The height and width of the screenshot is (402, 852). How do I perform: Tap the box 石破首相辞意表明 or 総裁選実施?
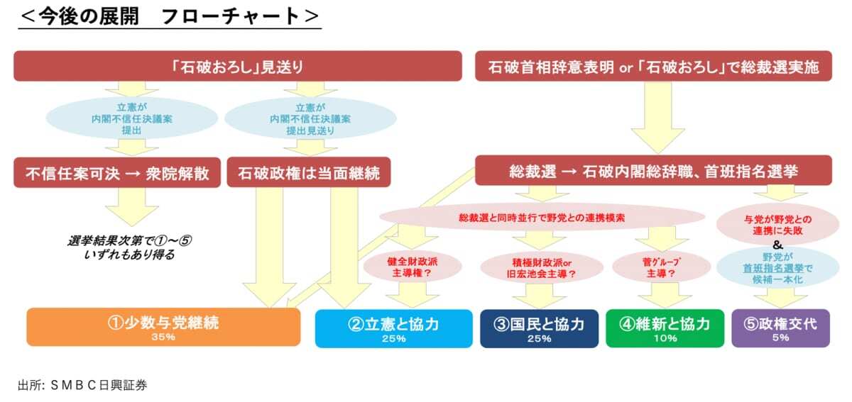(653, 67)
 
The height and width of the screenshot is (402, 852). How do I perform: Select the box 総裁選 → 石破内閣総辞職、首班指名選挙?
(653, 172)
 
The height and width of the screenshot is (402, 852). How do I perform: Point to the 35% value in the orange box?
(163, 337)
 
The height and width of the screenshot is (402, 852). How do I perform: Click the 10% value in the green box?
(664, 338)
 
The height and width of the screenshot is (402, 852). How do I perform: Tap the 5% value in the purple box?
(780, 338)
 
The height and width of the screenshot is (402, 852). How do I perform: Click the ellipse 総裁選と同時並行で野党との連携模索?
(541, 218)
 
